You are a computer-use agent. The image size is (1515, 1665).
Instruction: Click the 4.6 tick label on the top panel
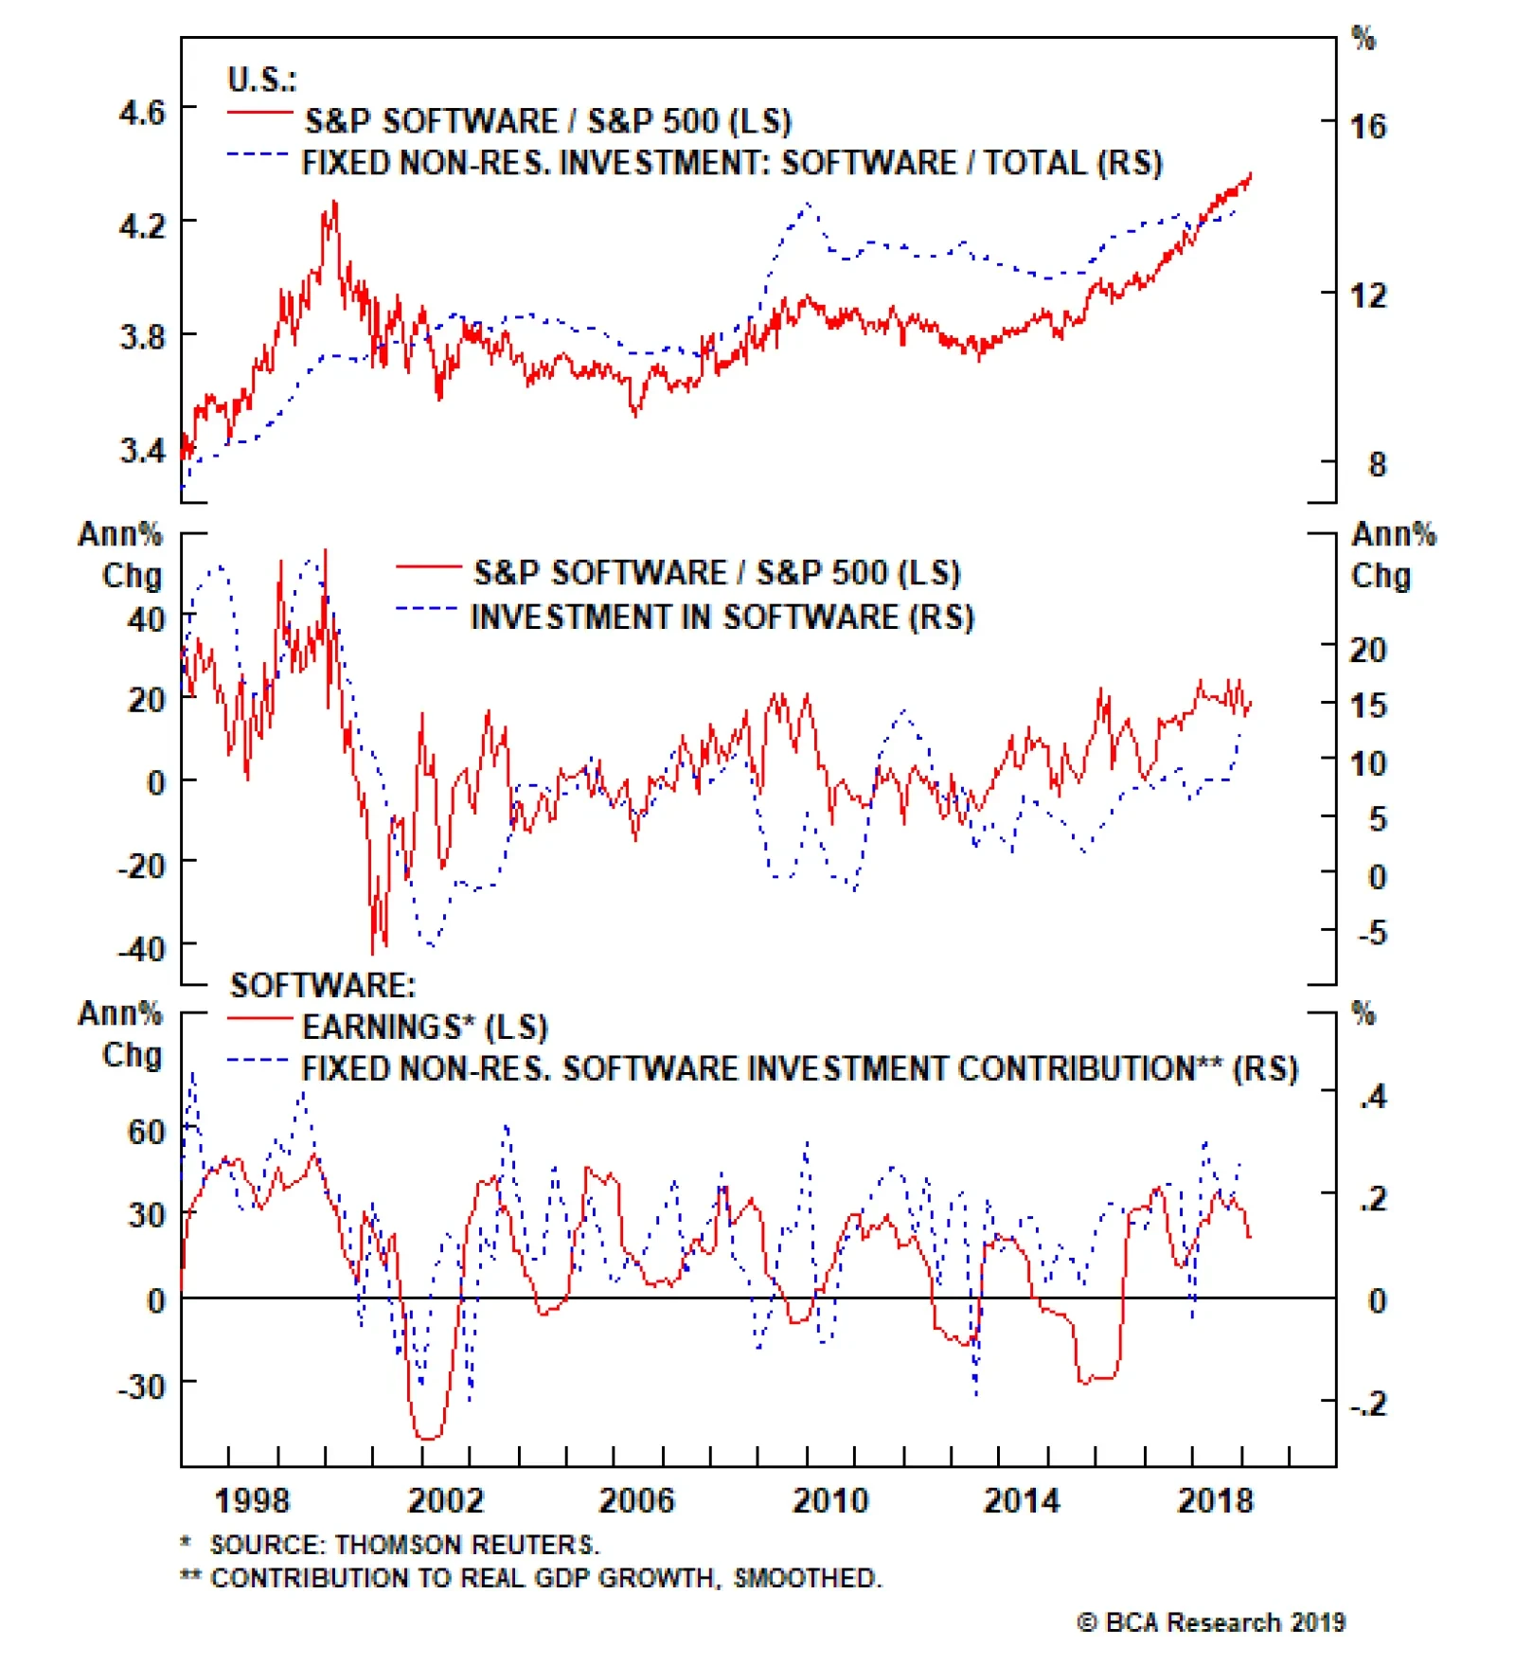coord(142,113)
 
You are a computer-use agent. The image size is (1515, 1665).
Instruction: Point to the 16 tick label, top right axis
coord(1367,126)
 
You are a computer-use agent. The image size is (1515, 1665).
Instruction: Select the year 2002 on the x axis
coord(445,1500)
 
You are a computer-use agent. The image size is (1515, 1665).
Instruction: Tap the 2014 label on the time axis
coord(1022,1500)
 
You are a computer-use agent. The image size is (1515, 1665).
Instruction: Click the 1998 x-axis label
coord(252,1500)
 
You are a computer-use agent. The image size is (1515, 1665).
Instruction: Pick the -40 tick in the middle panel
coord(141,948)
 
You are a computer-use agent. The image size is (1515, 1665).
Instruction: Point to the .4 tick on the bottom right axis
coord(1373,1097)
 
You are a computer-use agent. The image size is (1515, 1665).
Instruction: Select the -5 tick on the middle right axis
coord(1372,933)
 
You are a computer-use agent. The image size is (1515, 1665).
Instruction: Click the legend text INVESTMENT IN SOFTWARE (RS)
coord(722,618)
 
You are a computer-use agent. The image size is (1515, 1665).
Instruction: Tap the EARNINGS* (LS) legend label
coord(425,1028)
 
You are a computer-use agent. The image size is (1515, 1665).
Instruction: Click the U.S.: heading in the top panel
coord(261,80)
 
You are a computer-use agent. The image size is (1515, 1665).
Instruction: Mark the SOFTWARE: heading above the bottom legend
coord(323,985)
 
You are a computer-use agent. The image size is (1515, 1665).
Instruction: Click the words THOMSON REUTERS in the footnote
coord(468,1546)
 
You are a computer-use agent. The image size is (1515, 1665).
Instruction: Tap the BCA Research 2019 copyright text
coord(1211,1622)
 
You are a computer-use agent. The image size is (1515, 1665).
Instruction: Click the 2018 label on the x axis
coord(1215,1500)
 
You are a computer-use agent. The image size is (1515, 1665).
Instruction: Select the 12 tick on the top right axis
coord(1367,295)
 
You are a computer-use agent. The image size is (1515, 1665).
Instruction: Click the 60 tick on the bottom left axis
coord(147,1131)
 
